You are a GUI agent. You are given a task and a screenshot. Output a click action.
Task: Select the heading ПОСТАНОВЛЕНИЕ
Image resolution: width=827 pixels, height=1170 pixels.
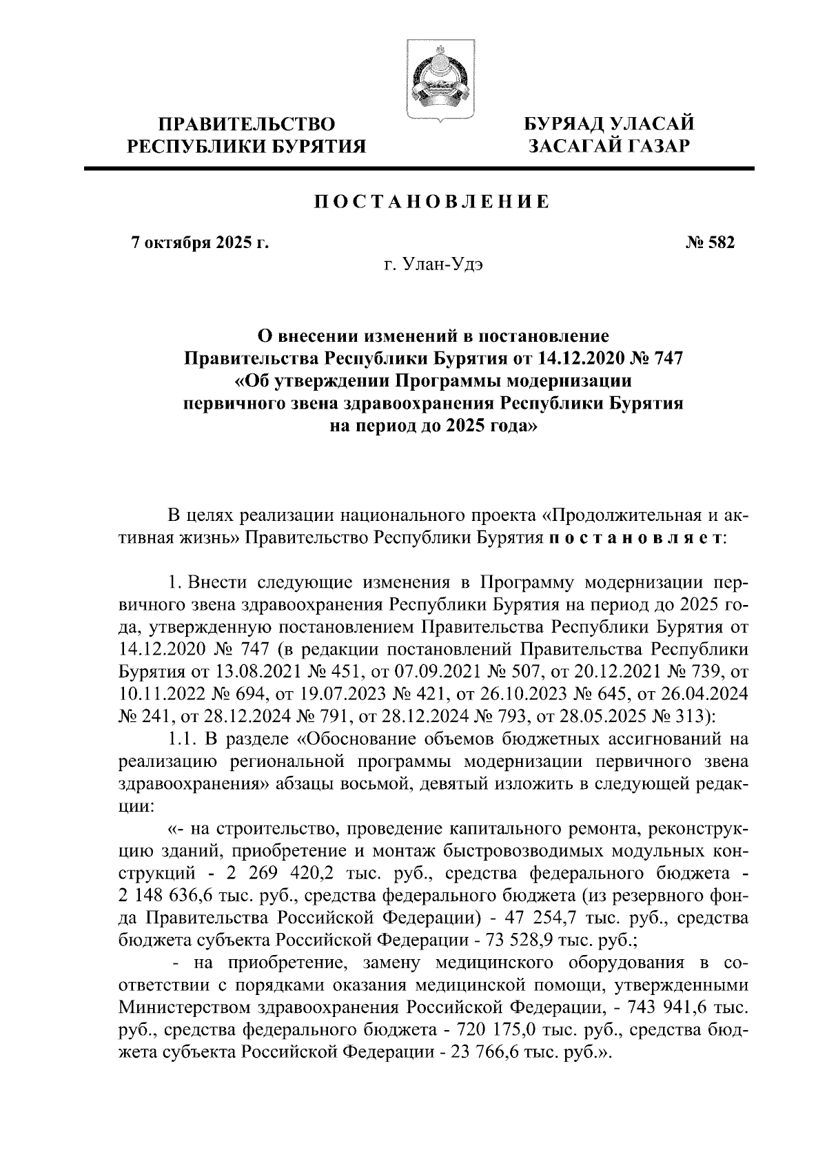pyautogui.click(x=432, y=202)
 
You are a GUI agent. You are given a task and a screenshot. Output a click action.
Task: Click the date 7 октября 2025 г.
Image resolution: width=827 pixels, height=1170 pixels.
pyautogui.click(x=200, y=243)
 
